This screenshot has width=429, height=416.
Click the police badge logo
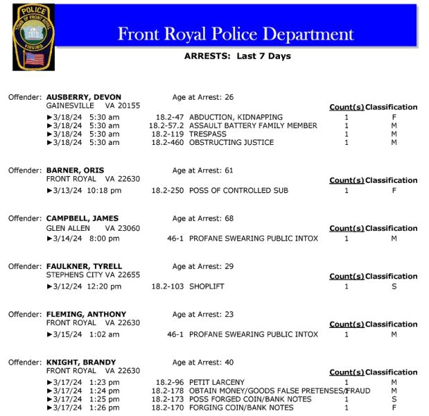click(33, 37)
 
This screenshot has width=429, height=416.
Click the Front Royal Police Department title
click(236, 33)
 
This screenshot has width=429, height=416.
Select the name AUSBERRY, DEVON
click(84, 97)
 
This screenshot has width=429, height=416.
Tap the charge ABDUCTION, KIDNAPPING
click(236, 117)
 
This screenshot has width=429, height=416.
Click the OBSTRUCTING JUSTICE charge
click(231, 142)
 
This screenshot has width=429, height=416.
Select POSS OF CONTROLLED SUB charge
click(238, 190)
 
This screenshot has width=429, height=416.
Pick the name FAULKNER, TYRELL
click(84, 266)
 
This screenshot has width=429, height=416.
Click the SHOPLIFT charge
click(207, 286)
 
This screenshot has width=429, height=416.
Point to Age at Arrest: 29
click(203, 266)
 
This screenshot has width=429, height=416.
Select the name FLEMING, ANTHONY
click(86, 314)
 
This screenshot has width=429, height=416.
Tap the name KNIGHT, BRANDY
click(80, 362)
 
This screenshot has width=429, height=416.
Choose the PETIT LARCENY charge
click(216, 382)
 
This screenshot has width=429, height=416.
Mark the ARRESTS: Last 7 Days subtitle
click(237, 56)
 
